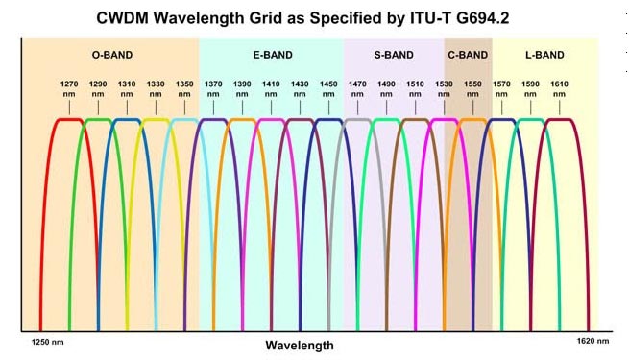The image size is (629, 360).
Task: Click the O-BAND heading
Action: pyautogui.click(x=110, y=55)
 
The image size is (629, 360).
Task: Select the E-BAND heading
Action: pyautogui.click(x=273, y=55)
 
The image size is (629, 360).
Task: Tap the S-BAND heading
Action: pyautogui.click(x=393, y=55)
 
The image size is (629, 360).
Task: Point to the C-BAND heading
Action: pyautogui.click(x=468, y=55)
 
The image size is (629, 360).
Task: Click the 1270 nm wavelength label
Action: pyautogui.click(x=68, y=89)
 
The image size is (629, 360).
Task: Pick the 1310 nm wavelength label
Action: pyautogui.click(x=126, y=89)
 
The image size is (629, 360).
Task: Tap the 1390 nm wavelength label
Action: pyautogui.click(x=242, y=89)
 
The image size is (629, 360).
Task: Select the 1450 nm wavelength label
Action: pyautogui.click(x=328, y=89)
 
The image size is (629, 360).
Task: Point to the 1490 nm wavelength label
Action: pyautogui.click(x=386, y=89)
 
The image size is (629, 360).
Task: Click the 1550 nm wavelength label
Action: pyautogui.click(x=472, y=89)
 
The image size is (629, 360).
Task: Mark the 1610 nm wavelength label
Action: pyautogui.click(x=559, y=89)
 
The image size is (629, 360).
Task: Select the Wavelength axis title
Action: pyautogui.click(x=300, y=345)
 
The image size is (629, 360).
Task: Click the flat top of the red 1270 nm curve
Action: pyautogui.click(x=67, y=120)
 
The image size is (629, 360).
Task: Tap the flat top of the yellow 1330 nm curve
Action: pyautogui.click(x=154, y=120)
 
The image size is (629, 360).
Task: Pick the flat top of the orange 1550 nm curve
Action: pyautogui.click(x=472, y=120)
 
